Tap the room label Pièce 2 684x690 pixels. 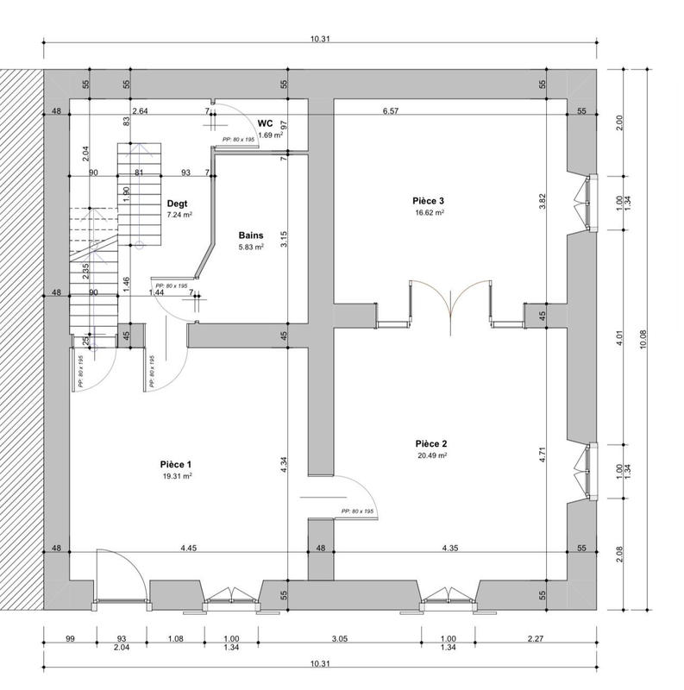(x=431, y=444)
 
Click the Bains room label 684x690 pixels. (x=250, y=235)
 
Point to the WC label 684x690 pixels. (x=265, y=124)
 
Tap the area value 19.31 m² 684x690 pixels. (x=176, y=476)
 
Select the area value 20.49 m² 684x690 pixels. (x=431, y=456)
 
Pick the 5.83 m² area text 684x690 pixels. (x=250, y=247)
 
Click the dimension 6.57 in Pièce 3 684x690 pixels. (x=391, y=111)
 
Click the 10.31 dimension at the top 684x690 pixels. (x=319, y=38)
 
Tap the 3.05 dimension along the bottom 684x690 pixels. (x=340, y=639)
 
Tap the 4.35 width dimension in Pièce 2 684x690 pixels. (x=450, y=548)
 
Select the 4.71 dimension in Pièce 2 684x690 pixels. (x=543, y=455)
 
